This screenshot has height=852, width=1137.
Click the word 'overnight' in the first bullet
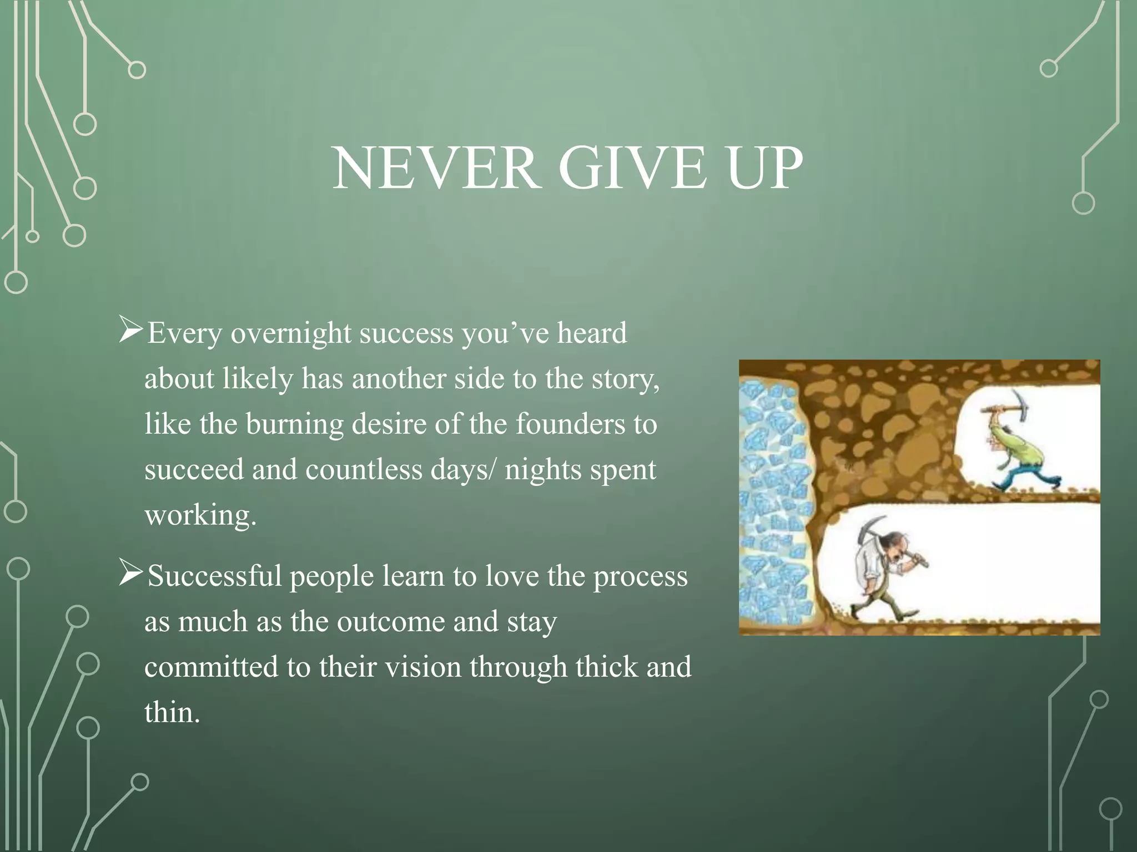click(x=291, y=334)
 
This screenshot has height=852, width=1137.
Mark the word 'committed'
click(x=211, y=667)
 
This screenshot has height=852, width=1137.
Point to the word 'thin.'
click(x=172, y=712)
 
